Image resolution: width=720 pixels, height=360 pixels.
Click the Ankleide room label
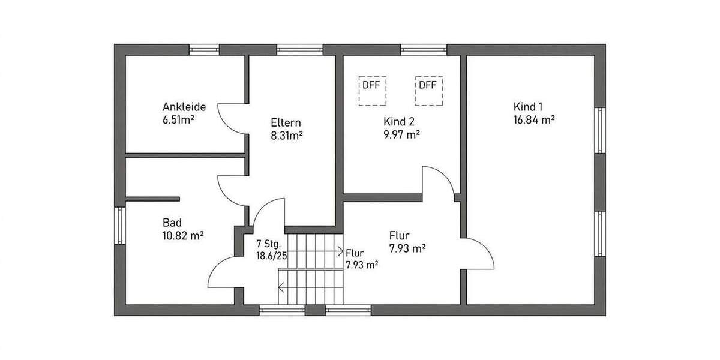click(x=184, y=107)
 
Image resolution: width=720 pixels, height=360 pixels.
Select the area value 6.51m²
click(x=178, y=119)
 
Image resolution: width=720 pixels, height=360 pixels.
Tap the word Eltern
click(x=285, y=122)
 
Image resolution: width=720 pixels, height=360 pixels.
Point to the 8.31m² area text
click(x=286, y=136)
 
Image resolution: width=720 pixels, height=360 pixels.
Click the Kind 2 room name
click(x=399, y=121)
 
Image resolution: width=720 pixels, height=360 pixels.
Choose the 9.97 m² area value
click(x=401, y=134)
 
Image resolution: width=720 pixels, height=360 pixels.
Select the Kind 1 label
click(x=528, y=107)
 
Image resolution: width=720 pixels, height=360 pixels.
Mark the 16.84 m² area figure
click(x=533, y=120)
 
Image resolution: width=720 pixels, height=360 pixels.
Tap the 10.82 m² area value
click(x=183, y=236)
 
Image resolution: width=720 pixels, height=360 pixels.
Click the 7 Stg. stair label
click(x=268, y=244)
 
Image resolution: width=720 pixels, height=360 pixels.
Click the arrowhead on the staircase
click(x=340, y=251)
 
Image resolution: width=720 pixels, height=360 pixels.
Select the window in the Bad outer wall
click(x=120, y=226)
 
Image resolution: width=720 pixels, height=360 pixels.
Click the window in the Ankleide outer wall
click(x=204, y=50)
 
